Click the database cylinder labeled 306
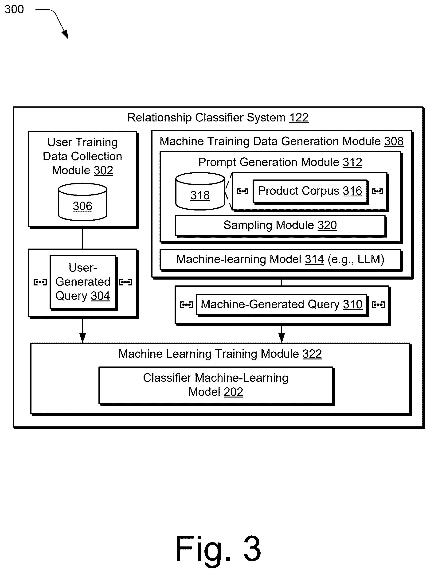pyautogui.click(x=82, y=202)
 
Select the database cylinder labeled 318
pyautogui.click(x=200, y=191)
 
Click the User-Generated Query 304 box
pyautogui.click(x=83, y=282)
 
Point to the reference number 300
pyautogui.click(x=14, y=9)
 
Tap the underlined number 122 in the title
pyautogui.click(x=299, y=118)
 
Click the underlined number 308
pyautogui.click(x=394, y=141)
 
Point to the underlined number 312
pyautogui.click(x=352, y=162)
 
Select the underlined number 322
pyautogui.click(x=312, y=354)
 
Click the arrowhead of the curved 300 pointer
pyautogui.click(x=65, y=35)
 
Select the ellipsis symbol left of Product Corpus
pyautogui.click(x=243, y=191)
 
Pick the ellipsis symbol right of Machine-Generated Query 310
pyautogui.click(x=378, y=305)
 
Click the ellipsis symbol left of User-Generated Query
pyautogui.click(x=40, y=282)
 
